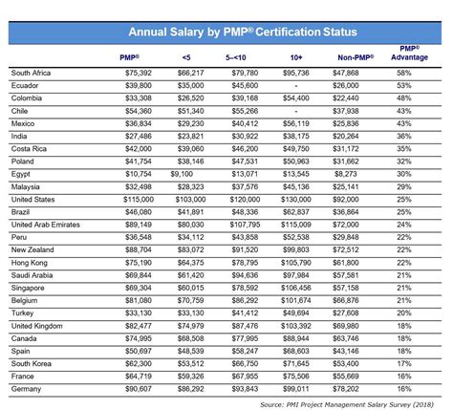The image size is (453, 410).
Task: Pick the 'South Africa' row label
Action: click(x=33, y=72)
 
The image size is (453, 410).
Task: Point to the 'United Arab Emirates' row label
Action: click(x=49, y=222)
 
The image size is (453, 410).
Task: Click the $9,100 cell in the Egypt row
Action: click(x=187, y=172)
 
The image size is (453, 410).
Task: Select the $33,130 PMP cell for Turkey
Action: click(x=138, y=313)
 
